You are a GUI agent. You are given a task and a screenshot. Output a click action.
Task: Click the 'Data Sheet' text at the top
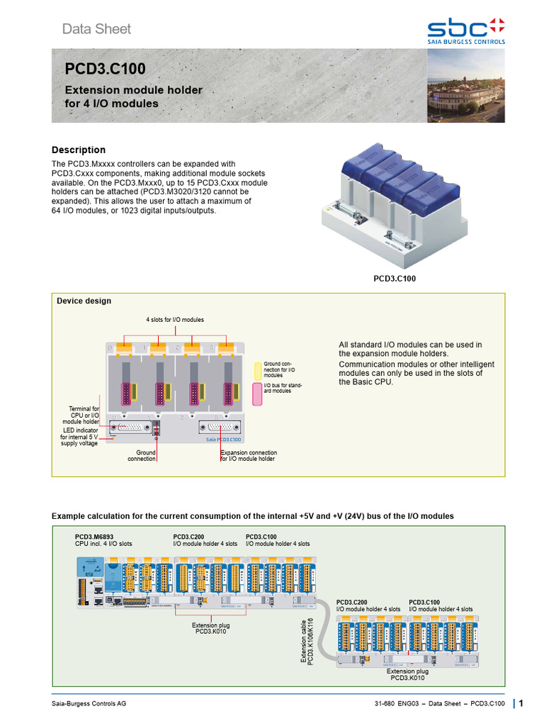96,29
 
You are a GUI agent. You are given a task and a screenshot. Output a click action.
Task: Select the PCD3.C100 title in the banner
106,69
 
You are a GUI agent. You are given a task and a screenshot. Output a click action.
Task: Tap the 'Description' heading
79,150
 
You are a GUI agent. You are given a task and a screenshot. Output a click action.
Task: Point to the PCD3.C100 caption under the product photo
395,279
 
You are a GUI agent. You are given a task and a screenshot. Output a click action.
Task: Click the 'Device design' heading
84,301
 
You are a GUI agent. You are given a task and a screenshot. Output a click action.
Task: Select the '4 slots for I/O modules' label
175,320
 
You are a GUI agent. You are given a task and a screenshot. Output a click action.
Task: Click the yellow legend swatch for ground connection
259,369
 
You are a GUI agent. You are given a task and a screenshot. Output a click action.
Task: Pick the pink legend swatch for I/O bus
259,393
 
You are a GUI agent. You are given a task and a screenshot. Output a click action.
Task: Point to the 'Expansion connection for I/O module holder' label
249,455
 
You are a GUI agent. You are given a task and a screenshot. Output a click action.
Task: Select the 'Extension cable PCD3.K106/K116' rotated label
307,640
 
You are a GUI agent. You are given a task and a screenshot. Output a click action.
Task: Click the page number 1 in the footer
521,703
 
